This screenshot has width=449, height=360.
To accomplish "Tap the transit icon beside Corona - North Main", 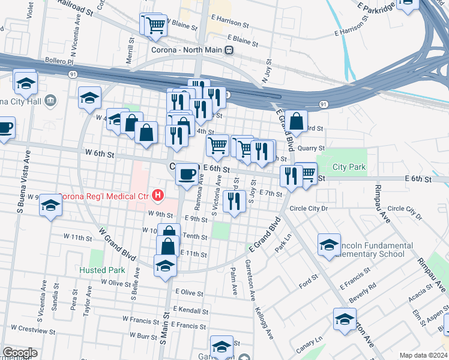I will (x=229, y=51).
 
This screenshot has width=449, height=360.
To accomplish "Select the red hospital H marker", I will (x=157, y=195).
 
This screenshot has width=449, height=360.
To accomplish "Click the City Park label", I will (x=348, y=167).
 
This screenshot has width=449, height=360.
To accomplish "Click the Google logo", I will (x=20, y=352).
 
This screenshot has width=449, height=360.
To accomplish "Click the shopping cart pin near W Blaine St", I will (x=155, y=25).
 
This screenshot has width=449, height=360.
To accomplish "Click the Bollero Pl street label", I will (x=58, y=61).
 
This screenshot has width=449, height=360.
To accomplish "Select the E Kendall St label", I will (x=188, y=310).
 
